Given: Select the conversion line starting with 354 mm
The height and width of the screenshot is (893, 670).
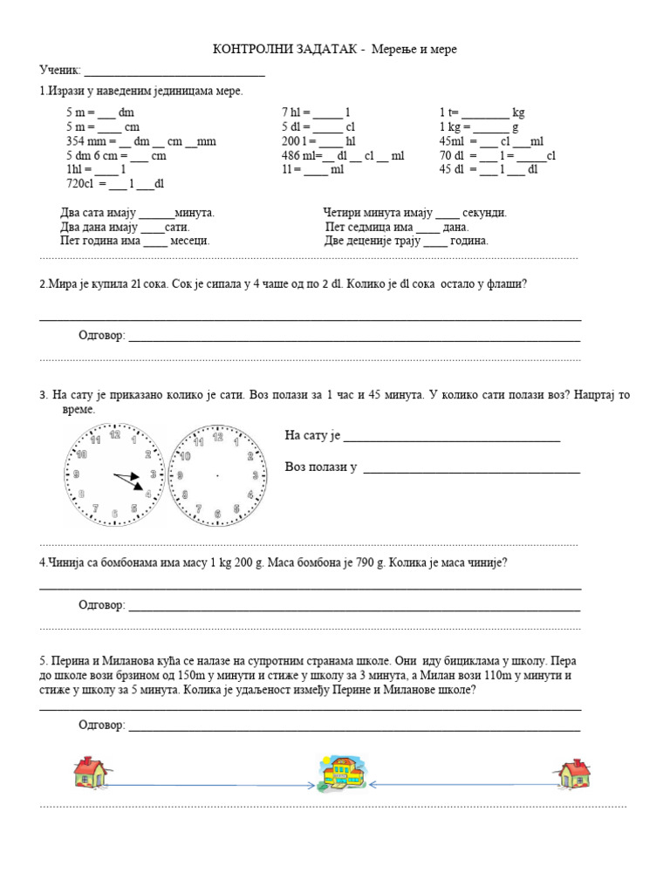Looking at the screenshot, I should point(140,141).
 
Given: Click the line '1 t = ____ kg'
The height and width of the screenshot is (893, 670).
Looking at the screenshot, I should point(482,112).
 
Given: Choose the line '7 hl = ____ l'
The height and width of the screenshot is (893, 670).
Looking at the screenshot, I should point(315,112).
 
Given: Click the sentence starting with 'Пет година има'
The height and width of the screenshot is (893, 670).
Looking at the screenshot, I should point(134,241).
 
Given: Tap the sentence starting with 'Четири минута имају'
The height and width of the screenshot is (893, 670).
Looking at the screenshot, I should point(414,212).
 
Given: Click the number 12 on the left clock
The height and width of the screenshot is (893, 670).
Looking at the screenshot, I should point(114,434).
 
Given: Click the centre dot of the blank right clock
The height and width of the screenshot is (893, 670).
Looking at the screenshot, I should point(217,474).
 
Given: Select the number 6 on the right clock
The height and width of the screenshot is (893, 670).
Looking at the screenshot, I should point(217,514).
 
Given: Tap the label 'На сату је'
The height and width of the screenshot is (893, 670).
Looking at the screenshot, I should point(312,436).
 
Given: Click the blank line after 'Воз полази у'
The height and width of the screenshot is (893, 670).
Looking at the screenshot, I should point(471,469).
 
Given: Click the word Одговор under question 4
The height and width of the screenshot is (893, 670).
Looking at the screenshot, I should point(101,605).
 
